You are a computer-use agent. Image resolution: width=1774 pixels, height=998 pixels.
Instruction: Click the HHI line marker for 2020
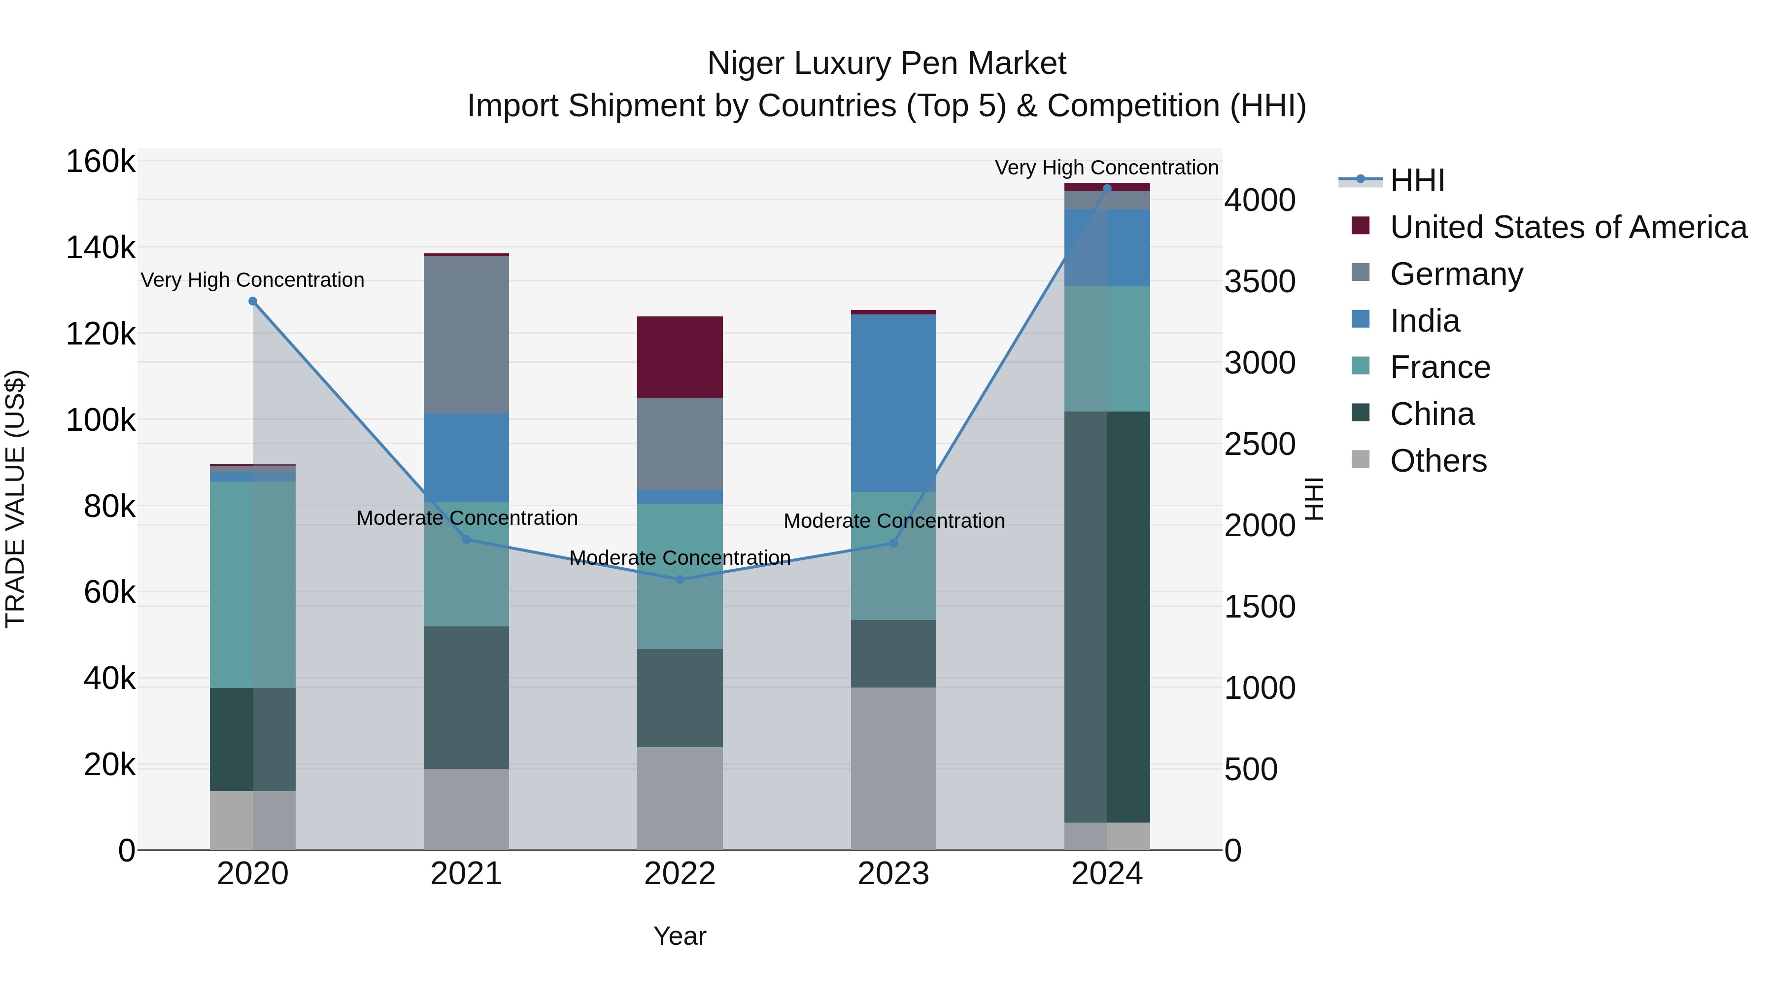click(x=253, y=302)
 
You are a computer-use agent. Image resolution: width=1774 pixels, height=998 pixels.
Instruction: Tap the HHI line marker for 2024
click(x=1107, y=188)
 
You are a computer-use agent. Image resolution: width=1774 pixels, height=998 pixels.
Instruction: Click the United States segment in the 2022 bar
click(x=680, y=357)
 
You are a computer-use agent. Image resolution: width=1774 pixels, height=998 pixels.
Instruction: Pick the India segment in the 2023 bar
click(x=893, y=403)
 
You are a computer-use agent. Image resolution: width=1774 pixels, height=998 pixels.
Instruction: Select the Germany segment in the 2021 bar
click(x=466, y=335)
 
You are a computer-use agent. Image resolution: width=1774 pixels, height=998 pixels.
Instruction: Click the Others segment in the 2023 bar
click(x=893, y=768)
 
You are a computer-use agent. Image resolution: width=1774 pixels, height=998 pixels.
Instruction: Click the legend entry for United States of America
click(x=1568, y=227)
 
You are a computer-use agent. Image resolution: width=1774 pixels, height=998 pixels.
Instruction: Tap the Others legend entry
click(x=1438, y=461)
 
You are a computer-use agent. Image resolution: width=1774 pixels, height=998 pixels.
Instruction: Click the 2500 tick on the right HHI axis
click(x=1260, y=444)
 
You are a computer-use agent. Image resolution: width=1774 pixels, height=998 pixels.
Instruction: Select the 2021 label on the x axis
click(x=466, y=874)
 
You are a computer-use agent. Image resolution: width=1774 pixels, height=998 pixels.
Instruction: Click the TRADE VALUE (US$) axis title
click(x=16, y=499)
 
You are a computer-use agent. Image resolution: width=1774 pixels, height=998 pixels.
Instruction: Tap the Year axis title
click(x=680, y=936)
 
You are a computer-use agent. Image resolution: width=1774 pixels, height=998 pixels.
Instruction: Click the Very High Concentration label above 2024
click(x=1107, y=168)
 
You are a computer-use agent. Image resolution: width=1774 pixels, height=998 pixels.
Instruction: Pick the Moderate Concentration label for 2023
click(x=894, y=521)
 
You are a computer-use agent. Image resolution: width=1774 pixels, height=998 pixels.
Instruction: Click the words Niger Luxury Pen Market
click(x=887, y=64)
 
